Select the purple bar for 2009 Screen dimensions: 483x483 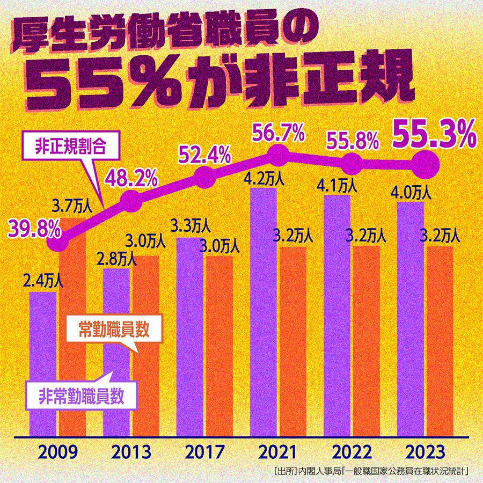(43, 365)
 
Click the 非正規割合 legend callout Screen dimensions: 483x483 (72, 146)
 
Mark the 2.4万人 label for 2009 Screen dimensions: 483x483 (43, 281)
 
